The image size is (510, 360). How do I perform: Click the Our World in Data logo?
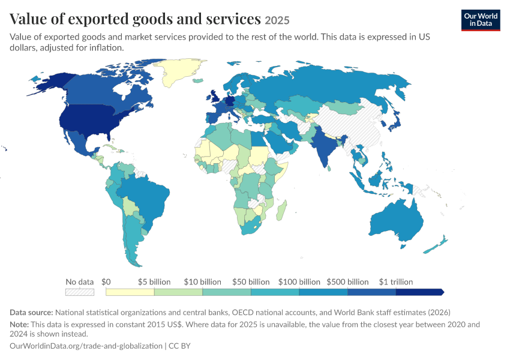pyautogui.click(x=481, y=20)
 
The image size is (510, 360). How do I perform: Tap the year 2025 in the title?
pyautogui.click(x=277, y=20)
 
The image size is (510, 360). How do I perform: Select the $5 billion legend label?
pyautogui.click(x=154, y=281)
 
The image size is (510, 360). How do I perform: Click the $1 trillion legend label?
pyautogui.click(x=396, y=281)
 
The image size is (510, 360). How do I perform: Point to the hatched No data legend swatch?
pyautogui.click(x=80, y=292)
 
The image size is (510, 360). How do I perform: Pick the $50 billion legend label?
pyautogui.click(x=251, y=281)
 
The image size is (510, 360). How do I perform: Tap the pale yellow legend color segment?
pyautogui.click(x=130, y=292)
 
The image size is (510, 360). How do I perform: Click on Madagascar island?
pyautogui.click(x=281, y=210)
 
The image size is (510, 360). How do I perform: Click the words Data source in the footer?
pyautogui.click(x=31, y=313)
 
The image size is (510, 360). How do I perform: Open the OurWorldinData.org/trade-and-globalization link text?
pyautogui.click(x=86, y=346)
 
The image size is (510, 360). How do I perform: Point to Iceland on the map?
pyautogui.click(x=198, y=80)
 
